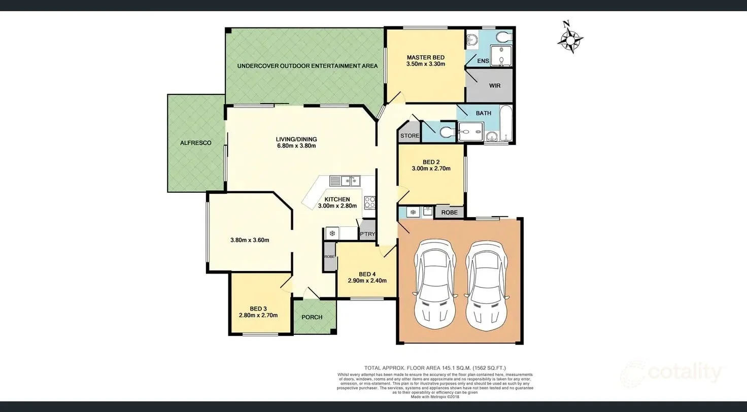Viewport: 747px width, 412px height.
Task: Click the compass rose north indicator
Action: coord(570,37)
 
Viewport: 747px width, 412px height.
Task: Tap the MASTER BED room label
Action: coord(425,57)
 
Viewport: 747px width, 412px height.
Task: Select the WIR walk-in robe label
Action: coord(494,86)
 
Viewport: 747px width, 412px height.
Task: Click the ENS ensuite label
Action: coord(483,61)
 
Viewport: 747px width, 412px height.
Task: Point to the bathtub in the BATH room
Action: coord(506,123)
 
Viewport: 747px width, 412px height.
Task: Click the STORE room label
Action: coord(410,136)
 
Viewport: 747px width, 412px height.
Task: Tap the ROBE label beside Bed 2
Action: coord(449,213)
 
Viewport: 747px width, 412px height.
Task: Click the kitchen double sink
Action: coord(345,181)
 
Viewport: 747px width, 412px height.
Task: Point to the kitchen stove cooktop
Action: coord(369,202)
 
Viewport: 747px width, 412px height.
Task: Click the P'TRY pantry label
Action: coord(367,234)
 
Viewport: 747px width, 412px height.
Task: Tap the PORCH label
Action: coord(312,317)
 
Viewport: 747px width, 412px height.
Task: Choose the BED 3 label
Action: coord(258,308)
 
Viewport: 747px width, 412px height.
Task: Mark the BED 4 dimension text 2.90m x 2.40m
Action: coord(367,281)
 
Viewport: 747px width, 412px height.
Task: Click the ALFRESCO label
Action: coord(195,143)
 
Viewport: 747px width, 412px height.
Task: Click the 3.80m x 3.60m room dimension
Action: coord(249,240)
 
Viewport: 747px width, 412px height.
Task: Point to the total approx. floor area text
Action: coord(434,368)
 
